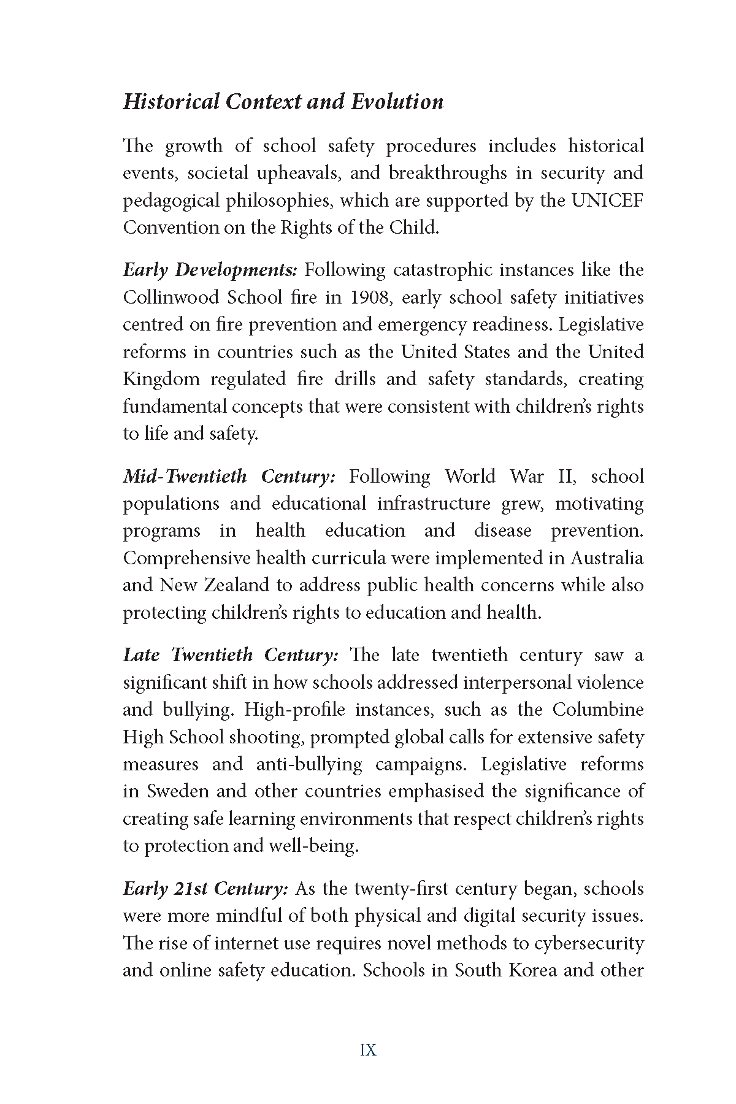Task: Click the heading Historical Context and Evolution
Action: (283, 102)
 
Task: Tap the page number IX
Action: (368, 1050)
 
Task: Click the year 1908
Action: (369, 297)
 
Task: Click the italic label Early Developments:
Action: (210, 270)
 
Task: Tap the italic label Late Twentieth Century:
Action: (230, 655)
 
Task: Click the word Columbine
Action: (598, 710)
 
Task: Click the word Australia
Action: (607, 558)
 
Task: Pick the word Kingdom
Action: (161, 379)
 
